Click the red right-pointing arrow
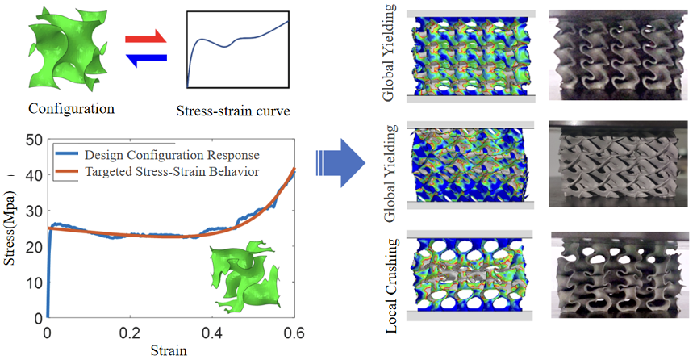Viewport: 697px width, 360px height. point(145,37)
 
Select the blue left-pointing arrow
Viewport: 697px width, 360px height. point(145,57)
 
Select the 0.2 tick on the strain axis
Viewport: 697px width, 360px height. point(130,332)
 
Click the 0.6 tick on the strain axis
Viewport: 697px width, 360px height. point(294,332)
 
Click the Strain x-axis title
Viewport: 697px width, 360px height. point(171,350)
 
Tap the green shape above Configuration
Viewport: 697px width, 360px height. point(68,49)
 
